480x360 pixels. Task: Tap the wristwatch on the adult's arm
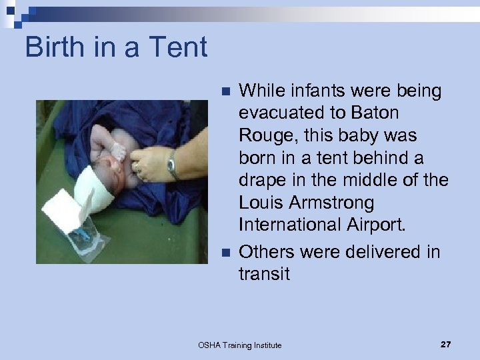(173, 164)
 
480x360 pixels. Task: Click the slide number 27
(445, 345)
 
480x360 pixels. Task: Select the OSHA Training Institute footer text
(239, 345)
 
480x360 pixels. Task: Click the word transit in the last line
(264, 274)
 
